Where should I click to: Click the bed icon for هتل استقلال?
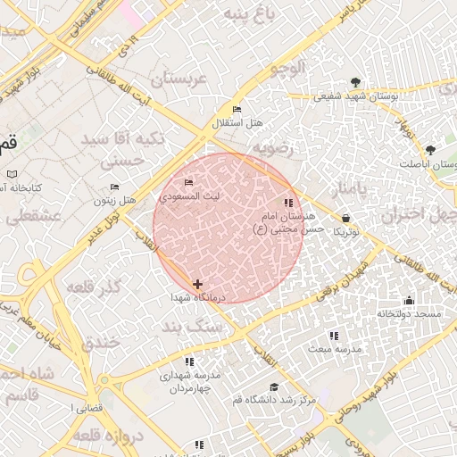(x=237, y=109)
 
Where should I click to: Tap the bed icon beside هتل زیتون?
(x=114, y=187)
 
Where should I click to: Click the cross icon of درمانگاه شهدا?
(x=197, y=284)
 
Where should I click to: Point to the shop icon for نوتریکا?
(x=345, y=218)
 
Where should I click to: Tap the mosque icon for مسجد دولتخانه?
(x=409, y=300)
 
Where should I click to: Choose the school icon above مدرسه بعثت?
(x=334, y=336)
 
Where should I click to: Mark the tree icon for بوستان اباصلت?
(x=431, y=150)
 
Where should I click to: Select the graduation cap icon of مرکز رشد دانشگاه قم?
(x=274, y=387)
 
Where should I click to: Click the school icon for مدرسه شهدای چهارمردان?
(x=189, y=361)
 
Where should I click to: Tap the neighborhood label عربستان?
(x=178, y=79)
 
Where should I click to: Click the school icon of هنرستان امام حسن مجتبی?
(x=287, y=204)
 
